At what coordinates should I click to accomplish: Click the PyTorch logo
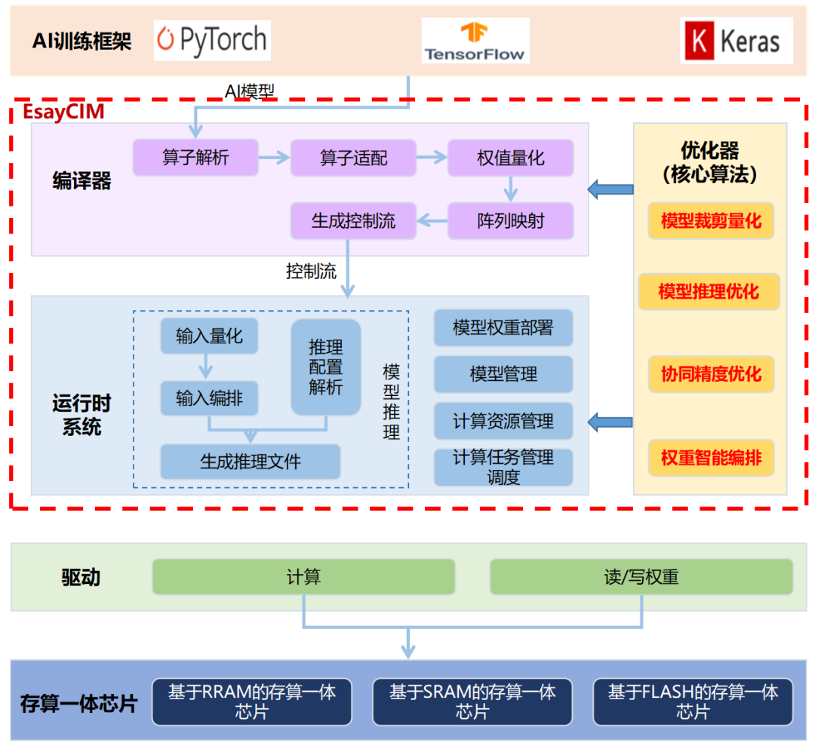coord(212,40)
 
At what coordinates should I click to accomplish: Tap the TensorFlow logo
coord(475,41)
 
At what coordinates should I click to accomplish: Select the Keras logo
coord(736,41)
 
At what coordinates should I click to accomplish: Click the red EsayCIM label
coord(63,112)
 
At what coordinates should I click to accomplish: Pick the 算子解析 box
coord(195,158)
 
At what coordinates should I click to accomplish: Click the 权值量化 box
coord(510,158)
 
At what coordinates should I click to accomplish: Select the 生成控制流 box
coord(353,221)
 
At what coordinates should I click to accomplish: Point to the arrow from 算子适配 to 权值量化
coord(431,158)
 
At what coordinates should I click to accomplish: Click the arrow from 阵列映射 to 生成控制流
coord(432,221)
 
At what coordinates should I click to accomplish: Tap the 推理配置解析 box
coord(326,367)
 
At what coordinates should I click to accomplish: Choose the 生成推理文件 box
coord(250,461)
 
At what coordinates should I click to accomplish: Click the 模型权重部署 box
coord(503,327)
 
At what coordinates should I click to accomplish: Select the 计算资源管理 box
coord(503,421)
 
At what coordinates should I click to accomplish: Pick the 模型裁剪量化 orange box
coord(711,221)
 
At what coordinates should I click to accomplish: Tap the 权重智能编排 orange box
coord(711,457)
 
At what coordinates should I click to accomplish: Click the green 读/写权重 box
coord(641,577)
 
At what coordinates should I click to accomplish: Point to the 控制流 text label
coord(311,272)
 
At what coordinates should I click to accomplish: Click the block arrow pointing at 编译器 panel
coord(610,189)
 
